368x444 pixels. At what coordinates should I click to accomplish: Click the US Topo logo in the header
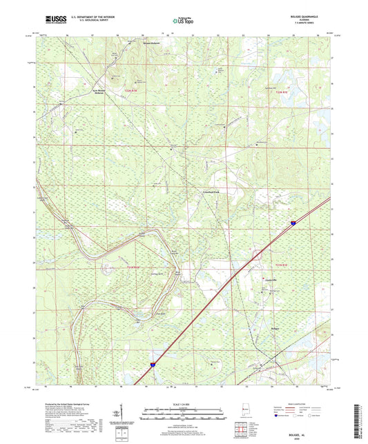click(184, 21)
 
